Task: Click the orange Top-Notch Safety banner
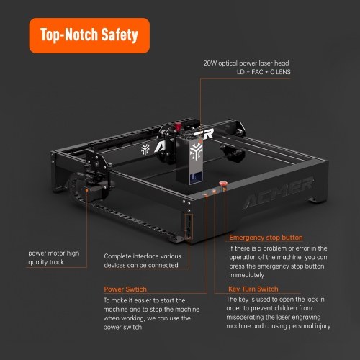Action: tap(89, 35)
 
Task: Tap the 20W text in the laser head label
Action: tap(210, 63)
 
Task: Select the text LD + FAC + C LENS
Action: tap(264, 72)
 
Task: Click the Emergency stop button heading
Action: tap(266, 238)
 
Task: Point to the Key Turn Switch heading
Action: tap(253, 289)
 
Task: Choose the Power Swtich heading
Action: tap(125, 289)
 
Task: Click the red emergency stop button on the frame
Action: tap(222, 184)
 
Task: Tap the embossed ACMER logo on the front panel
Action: tap(278, 192)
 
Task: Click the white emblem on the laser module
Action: tap(196, 152)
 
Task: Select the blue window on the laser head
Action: tap(196, 178)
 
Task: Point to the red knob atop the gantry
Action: tap(178, 126)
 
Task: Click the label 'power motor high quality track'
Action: tap(54, 258)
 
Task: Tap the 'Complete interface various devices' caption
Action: tap(143, 261)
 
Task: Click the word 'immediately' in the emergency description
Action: tap(246, 275)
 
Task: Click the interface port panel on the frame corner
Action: tap(189, 225)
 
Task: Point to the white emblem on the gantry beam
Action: tap(145, 150)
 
